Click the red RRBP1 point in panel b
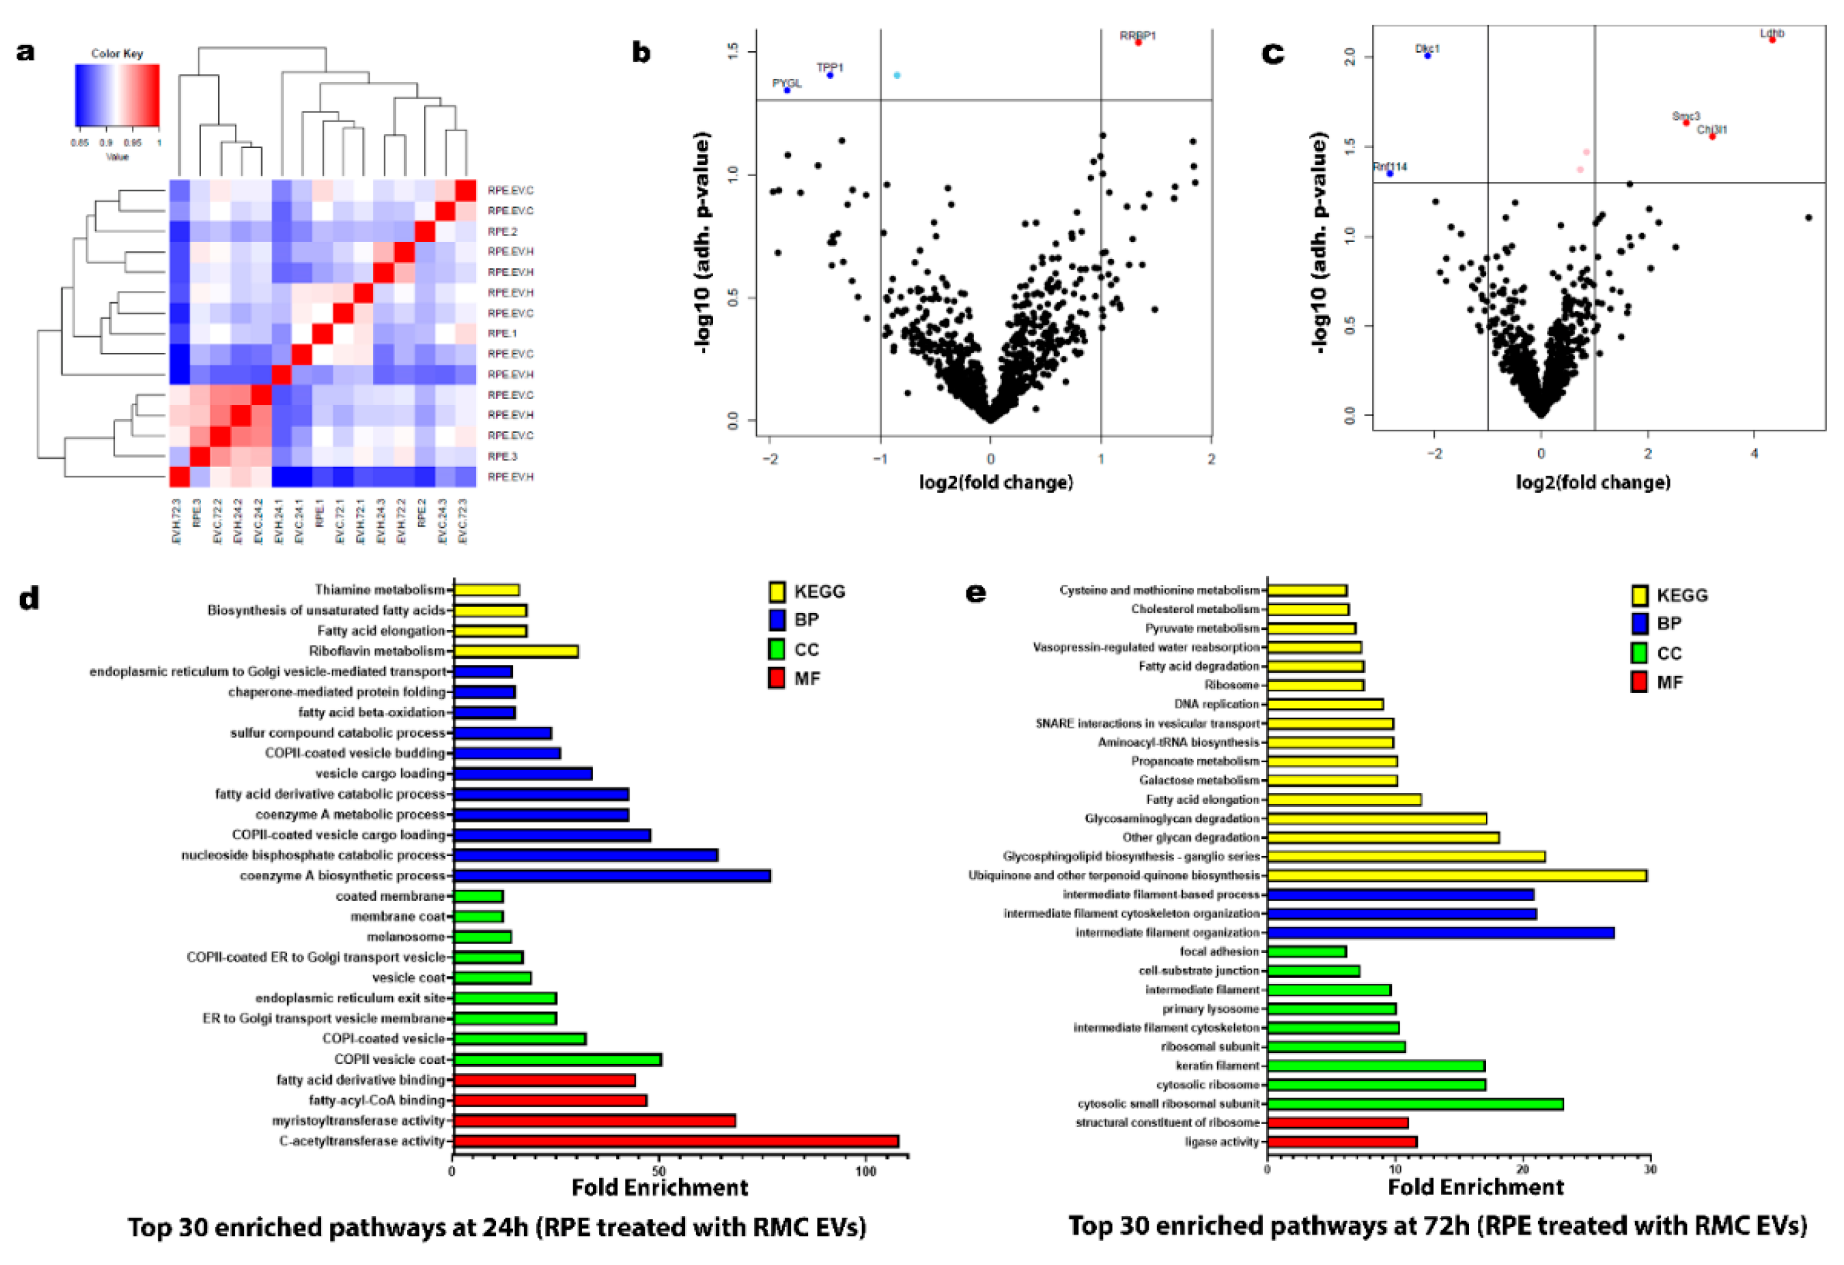(x=1138, y=43)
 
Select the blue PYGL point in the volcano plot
(x=787, y=90)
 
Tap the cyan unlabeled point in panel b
(x=896, y=75)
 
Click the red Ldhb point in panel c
(x=1772, y=40)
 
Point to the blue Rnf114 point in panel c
(x=1389, y=173)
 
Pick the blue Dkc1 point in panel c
(x=1427, y=55)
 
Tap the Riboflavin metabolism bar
(x=516, y=651)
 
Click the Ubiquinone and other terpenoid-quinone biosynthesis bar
(x=1456, y=875)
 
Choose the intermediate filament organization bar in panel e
(x=1440, y=933)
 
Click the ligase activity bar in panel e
(x=1342, y=1142)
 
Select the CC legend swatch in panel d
(x=777, y=649)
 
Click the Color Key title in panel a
(x=117, y=53)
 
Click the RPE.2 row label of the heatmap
(x=502, y=232)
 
